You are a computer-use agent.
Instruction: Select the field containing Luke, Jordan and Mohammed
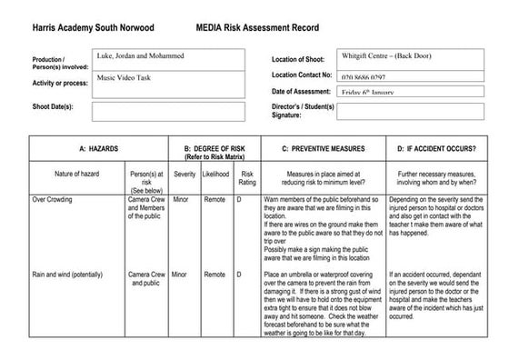(168, 59)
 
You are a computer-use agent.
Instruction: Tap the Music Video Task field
(168, 84)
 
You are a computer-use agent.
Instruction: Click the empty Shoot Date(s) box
(168, 111)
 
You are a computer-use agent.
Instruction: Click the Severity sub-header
(184, 173)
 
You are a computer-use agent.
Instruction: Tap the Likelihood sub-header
(215, 173)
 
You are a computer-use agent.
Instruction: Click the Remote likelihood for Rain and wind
(215, 274)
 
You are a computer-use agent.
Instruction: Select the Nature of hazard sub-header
(75, 173)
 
